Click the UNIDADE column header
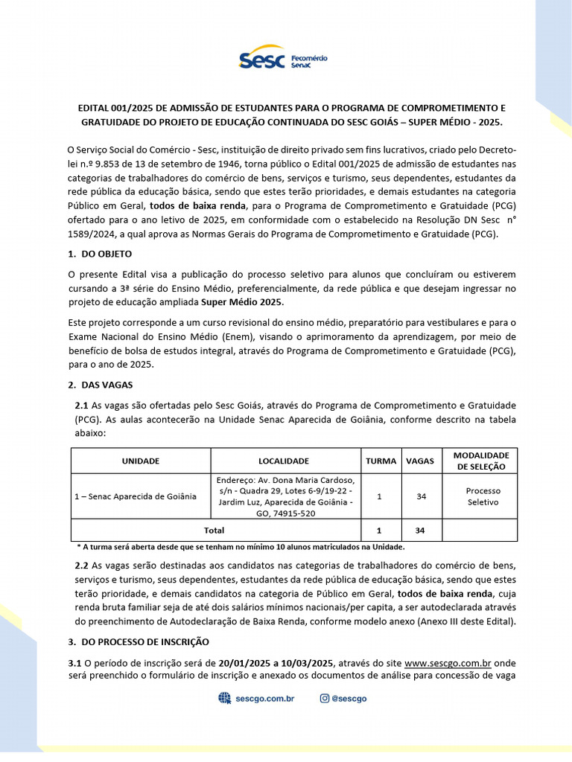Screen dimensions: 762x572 point(141,461)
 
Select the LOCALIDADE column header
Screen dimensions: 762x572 point(284,461)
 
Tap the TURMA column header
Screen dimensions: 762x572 point(381,461)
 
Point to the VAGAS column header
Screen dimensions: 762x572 point(420,461)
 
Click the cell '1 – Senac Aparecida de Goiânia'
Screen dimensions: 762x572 point(141,496)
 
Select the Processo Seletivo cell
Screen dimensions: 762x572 point(483,496)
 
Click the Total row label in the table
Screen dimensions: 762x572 point(214,530)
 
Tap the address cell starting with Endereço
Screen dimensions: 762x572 point(286,496)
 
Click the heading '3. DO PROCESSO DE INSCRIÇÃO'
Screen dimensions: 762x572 point(139,641)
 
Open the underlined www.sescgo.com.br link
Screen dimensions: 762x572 point(447,662)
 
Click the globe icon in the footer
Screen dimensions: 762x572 point(224,698)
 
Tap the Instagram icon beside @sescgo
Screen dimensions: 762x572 point(324,698)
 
